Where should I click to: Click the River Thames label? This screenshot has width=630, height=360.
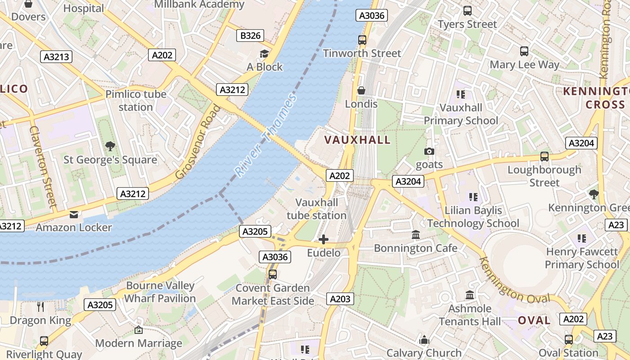[265, 135]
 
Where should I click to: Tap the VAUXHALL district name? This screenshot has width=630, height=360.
[357, 140]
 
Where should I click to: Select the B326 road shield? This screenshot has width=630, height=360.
[250, 36]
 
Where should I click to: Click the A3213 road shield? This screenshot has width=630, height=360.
[57, 57]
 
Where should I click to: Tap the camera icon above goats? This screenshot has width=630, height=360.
[429, 152]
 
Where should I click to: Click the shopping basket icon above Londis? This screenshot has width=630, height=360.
[361, 91]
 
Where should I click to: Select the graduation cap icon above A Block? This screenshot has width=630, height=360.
[264, 54]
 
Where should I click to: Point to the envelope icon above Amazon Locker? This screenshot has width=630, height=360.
[74, 215]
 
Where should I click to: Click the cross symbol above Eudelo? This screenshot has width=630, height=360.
[324, 239]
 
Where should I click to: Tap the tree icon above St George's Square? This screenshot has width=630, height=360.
[110, 146]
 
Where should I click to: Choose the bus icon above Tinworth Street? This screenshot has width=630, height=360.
[362, 40]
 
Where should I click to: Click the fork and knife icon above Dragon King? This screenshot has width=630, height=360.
[40, 307]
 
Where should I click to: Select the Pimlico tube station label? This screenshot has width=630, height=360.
[136, 100]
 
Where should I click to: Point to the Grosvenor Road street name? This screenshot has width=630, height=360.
[198, 142]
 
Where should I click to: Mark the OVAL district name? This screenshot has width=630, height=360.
[534, 320]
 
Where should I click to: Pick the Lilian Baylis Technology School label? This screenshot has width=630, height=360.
[473, 217]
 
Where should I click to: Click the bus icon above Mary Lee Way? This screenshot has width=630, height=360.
[524, 51]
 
